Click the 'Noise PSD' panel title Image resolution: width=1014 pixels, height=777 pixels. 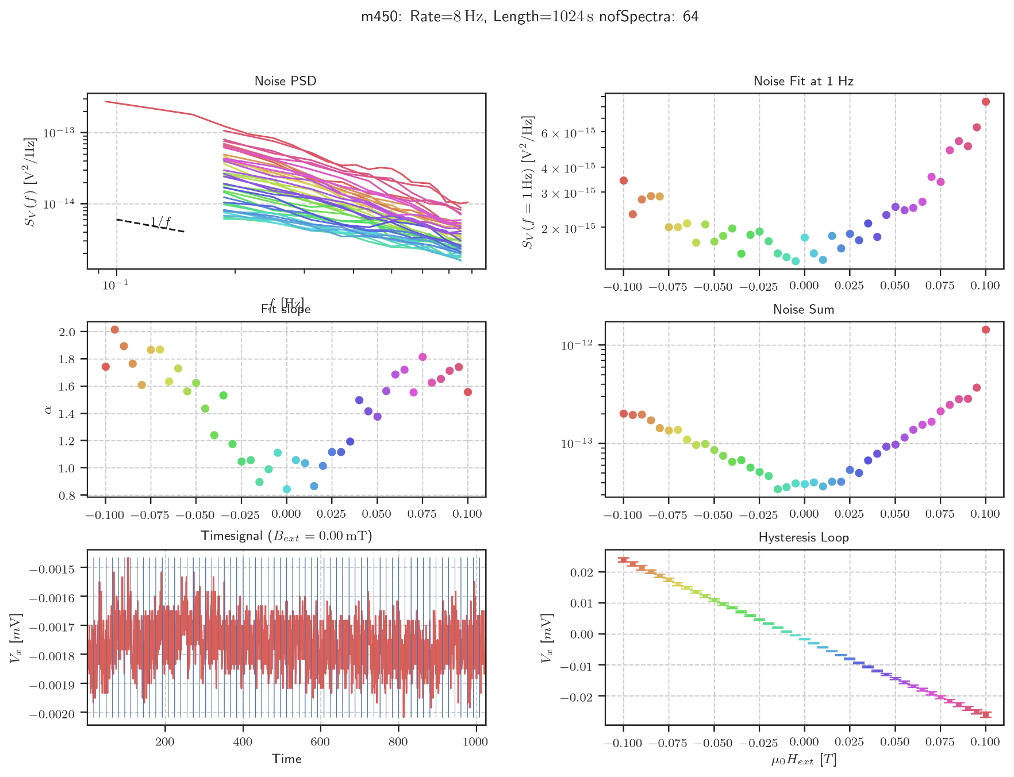(285, 81)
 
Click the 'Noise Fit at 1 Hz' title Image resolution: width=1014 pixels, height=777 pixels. (803, 81)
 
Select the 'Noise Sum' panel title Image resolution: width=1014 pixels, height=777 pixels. (803, 309)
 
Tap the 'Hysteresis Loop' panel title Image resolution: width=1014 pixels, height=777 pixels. (803, 537)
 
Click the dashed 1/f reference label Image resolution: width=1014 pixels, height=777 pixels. (160, 222)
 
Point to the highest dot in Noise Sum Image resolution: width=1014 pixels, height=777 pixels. (985, 330)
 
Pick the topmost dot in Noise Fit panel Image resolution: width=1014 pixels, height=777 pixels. (985, 102)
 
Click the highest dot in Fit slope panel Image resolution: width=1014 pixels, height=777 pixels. (114, 330)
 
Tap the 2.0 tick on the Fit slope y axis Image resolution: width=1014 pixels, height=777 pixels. (67, 332)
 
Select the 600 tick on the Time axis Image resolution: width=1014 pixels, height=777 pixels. (320, 741)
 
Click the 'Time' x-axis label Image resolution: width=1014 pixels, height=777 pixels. (286, 759)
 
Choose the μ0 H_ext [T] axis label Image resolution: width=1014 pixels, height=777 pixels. (803, 760)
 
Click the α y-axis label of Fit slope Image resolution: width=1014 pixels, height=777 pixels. (48, 409)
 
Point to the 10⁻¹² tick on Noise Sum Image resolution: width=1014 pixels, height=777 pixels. (576, 345)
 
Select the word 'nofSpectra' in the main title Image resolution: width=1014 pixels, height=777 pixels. (638, 17)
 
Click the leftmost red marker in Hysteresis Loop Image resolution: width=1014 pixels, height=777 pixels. (623, 560)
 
